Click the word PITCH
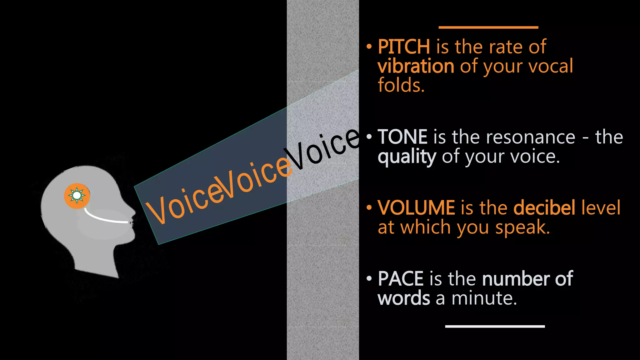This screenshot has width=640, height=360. coord(404,47)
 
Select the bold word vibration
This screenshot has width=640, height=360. coord(416,66)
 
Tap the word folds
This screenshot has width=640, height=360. coord(401,85)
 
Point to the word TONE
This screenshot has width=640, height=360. coord(402,137)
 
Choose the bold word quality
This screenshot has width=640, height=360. coord(407,157)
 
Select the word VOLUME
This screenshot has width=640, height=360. coord(416,208)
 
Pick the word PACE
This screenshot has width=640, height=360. coord(401,279)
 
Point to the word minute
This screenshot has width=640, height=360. coord(484,298)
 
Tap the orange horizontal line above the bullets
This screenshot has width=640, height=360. coord(488,27)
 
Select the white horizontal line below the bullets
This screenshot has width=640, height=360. coord(495,326)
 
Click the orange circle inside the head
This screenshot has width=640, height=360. coord(77,196)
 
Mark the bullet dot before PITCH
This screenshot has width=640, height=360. coord(369,47)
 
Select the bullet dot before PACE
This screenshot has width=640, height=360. coord(369,279)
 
